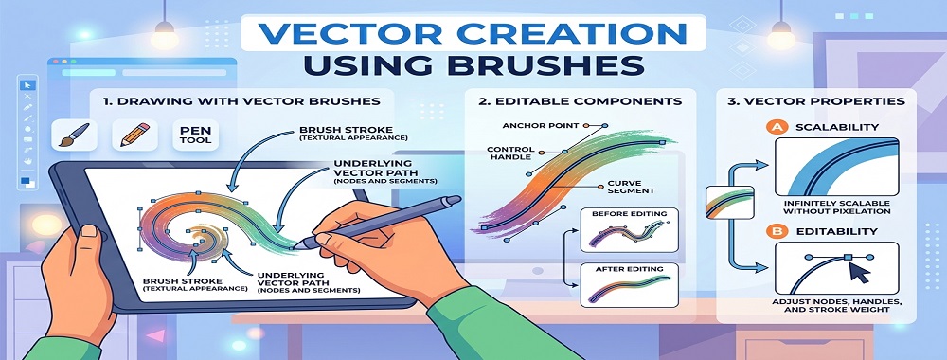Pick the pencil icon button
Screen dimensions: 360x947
[x=130, y=134]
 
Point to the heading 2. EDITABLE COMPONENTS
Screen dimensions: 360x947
[x=579, y=100]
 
